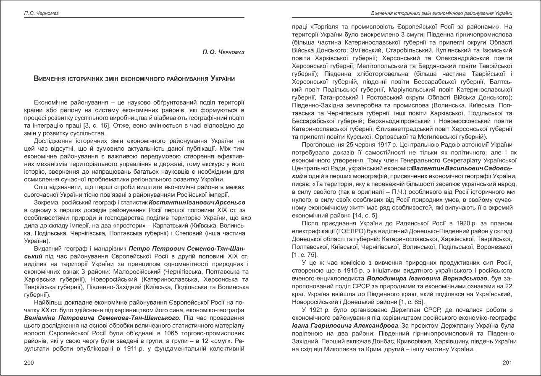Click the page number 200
point(29,363)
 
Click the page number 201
point(507,363)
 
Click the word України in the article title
point(222,78)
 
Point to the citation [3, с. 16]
point(134,125)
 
